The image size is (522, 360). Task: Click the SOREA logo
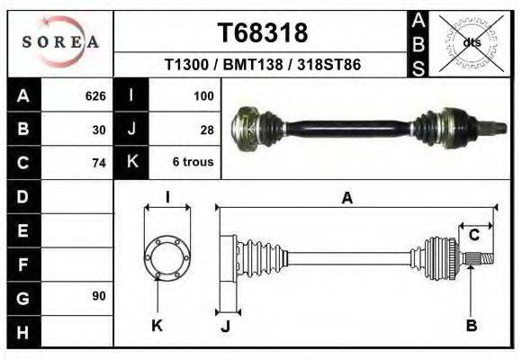pos(60,41)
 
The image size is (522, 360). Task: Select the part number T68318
pos(263,33)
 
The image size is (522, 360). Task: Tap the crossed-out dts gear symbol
pos(468,42)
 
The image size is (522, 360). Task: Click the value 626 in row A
pos(95,94)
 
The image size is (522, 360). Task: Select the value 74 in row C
pos(99,163)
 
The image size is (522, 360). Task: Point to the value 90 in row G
pos(99,295)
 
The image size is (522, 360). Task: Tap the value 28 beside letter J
pos(206,129)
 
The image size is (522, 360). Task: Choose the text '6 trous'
pos(193,163)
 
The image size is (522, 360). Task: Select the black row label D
pos(23,196)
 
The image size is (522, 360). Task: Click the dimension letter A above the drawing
pos(346,199)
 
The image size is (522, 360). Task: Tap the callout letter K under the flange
pos(157,325)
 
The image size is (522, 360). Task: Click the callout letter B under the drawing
pos(471,325)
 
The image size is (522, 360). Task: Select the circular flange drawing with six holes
pos(166,257)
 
